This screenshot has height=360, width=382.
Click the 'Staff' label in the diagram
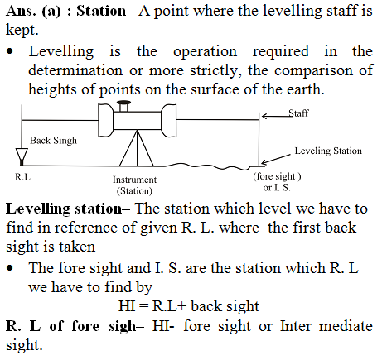(298, 113)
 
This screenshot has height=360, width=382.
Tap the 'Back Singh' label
(53, 141)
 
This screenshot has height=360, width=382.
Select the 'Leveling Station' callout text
(328, 151)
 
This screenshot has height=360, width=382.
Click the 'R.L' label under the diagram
(22, 177)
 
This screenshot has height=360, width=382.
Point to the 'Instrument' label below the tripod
(134, 180)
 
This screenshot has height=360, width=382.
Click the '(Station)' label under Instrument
(134, 191)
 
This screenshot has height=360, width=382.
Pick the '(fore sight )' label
(277, 176)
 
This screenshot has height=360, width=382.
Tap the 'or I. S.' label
(277, 188)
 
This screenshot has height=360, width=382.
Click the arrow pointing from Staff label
(276, 116)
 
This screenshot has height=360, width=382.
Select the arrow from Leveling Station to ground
(276, 159)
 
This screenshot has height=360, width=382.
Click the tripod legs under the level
(137, 148)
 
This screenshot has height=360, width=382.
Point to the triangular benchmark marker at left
(22, 156)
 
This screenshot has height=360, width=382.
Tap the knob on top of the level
(123, 106)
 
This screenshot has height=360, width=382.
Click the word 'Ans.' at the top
(21, 11)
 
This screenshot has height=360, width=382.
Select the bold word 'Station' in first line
(101, 11)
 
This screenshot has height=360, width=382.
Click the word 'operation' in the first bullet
(205, 52)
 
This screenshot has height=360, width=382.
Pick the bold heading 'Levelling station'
(64, 209)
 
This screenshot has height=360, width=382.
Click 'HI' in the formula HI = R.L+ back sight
(127, 306)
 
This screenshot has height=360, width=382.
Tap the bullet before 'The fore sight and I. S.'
(10, 268)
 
